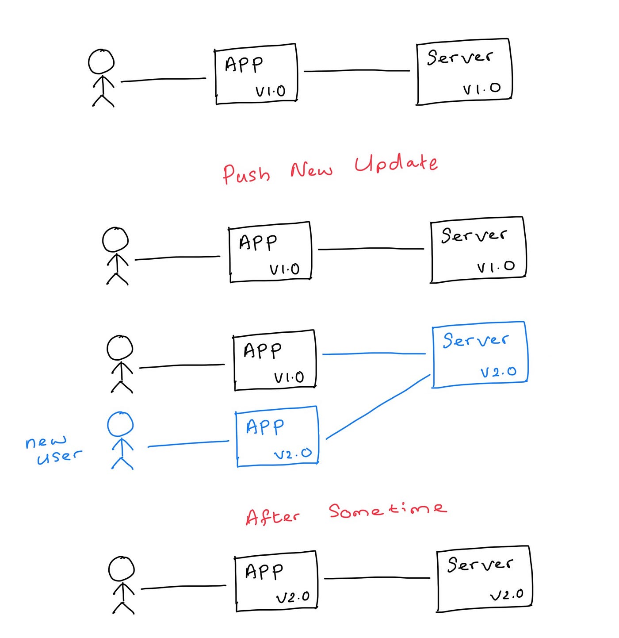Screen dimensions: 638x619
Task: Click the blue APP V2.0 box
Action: pos(277,436)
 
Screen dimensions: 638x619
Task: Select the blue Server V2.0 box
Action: pos(480,355)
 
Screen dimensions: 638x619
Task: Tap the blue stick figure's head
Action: pos(120,424)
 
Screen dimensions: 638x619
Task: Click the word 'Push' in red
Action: pos(246,173)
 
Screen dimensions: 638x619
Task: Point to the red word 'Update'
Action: pos(396,163)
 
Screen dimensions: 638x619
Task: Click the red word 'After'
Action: pos(272,516)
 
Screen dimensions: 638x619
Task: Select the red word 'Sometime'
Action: pos(387,510)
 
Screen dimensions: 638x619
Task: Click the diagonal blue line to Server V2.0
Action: pos(378,407)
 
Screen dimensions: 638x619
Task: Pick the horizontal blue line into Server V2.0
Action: pos(374,354)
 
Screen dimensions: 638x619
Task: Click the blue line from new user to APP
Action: pos(188,444)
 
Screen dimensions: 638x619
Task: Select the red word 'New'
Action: pos(311,169)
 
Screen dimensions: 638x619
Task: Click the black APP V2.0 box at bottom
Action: pos(276,581)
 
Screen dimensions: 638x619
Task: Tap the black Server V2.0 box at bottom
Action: pos(484,579)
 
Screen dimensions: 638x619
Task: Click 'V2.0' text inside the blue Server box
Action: pos(498,372)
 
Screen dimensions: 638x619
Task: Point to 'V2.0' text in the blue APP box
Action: pos(293,454)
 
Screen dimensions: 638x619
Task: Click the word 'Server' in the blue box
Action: pos(475,340)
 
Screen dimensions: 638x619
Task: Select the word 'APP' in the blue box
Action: pos(265,427)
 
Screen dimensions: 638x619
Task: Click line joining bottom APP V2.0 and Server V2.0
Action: pos(377,578)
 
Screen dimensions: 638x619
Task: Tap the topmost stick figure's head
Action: pos(101,61)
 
